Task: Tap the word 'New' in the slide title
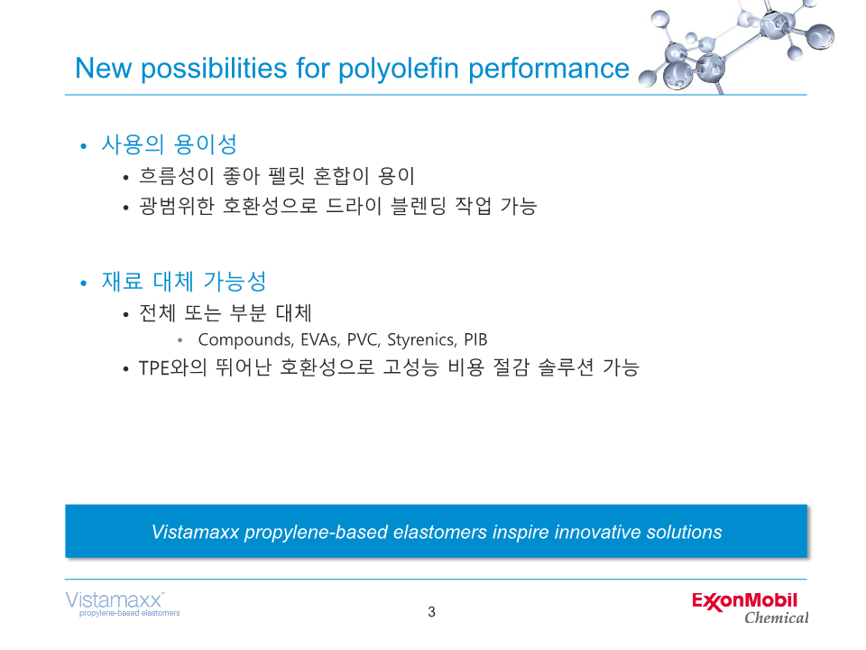[103, 69]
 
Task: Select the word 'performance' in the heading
[548, 70]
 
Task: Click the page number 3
[431, 612]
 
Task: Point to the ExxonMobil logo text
[744, 601]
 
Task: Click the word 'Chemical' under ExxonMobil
[777, 617]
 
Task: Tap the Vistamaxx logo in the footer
[122, 604]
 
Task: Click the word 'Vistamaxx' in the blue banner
[195, 532]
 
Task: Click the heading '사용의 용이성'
[169, 144]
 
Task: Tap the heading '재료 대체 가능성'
[184, 282]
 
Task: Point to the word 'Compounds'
[245, 340]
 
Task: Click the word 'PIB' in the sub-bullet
[475, 339]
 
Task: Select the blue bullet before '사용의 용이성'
[83, 146]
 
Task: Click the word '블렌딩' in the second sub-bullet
[418, 206]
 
